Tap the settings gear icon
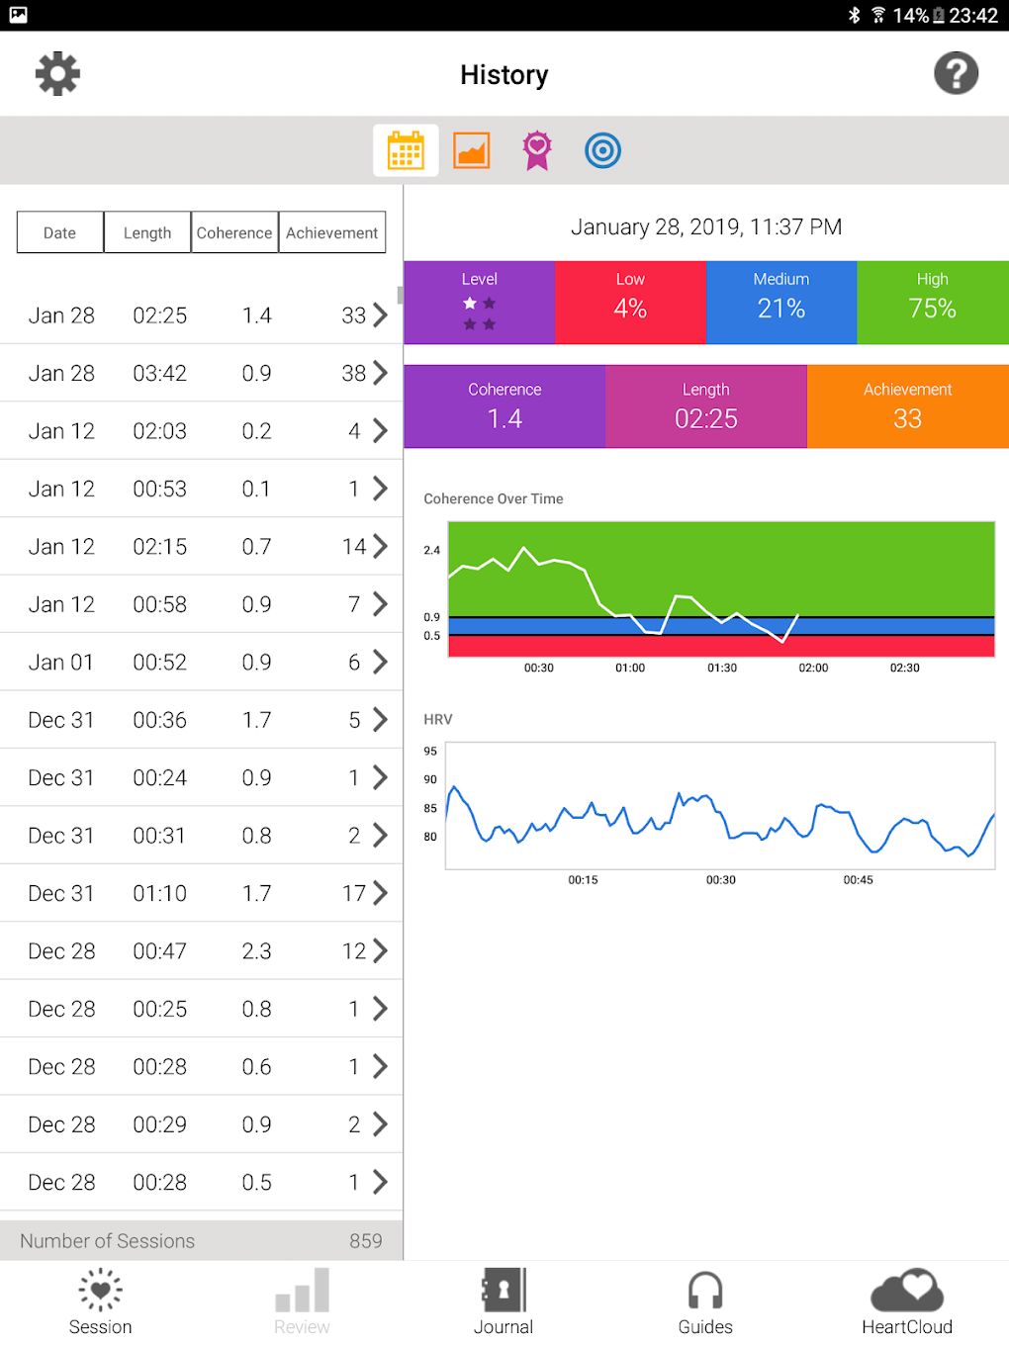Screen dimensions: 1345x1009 click(x=57, y=74)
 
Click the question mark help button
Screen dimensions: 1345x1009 click(x=956, y=74)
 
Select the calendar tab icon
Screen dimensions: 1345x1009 click(x=406, y=151)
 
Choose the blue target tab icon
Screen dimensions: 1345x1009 click(x=602, y=151)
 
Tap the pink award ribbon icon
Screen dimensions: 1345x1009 click(x=537, y=151)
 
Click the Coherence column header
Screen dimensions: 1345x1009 click(x=234, y=233)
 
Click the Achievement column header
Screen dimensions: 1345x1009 click(x=331, y=233)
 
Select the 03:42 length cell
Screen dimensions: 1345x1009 click(x=160, y=374)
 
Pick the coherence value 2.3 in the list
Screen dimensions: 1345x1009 click(x=257, y=951)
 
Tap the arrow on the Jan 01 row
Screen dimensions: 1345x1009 click(x=380, y=662)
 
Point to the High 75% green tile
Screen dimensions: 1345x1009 click(x=932, y=302)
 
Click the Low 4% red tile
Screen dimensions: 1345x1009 click(x=630, y=302)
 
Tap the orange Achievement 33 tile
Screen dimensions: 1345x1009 click(x=907, y=406)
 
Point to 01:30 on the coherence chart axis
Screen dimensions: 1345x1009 click(x=722, y=669)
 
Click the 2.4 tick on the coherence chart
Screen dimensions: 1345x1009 click(x=432, y=551)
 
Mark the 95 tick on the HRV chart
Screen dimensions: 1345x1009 click(x=430, y=752)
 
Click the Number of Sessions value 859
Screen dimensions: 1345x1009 click(x=366, y=1241)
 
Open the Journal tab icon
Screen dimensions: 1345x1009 click(x=504, y=1291)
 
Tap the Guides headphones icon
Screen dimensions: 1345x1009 click(x=705, y=1291)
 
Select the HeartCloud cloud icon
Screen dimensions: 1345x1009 click(x=907, y=1291)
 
